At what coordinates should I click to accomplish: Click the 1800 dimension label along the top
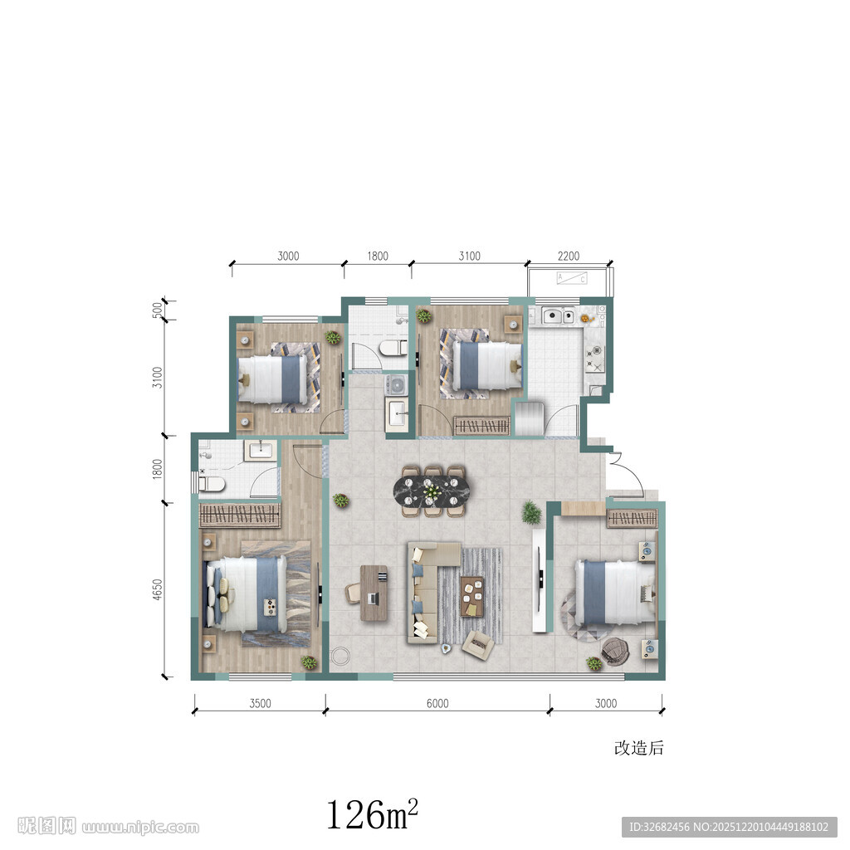(378, 256)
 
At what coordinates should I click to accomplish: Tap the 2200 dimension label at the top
(569, 256)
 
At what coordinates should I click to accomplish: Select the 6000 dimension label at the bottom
(437, 704)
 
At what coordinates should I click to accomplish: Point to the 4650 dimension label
(157, 590)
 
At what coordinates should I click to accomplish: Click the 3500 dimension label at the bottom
(260, 704)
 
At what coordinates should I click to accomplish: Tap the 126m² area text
(372, 813)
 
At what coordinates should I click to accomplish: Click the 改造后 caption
(639, 748)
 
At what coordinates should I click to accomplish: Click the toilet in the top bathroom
(394, 348)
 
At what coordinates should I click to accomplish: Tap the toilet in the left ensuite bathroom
(212, 484)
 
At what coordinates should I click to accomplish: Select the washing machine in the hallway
(396, 384)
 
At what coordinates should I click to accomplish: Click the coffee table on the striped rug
(472, 596)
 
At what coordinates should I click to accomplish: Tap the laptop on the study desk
(373, 598)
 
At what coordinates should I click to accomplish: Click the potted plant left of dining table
(340, 500)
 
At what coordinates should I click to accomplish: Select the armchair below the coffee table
(478, 644)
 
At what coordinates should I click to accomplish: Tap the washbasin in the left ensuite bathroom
(261, 450)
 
